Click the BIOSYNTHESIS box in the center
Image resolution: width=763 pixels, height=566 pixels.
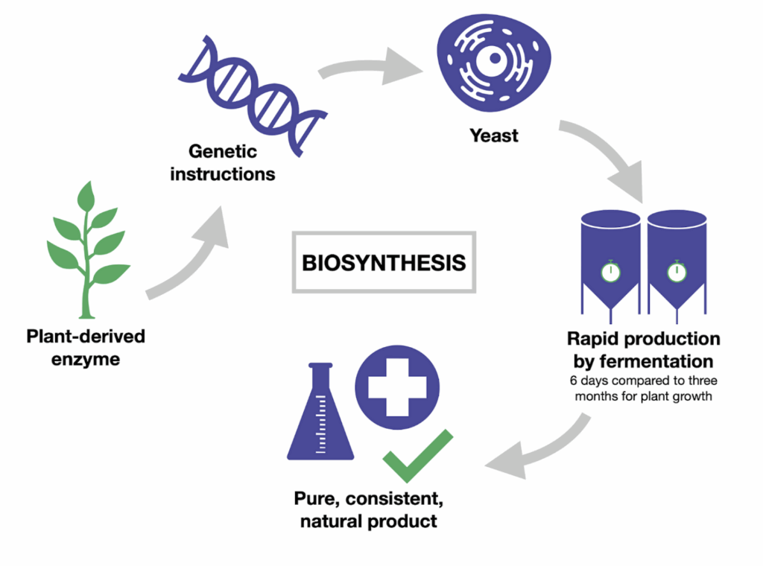pyautogui.click(x=384, y=262)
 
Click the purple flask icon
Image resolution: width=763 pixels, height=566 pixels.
pyautogui.click(x=320, y=413)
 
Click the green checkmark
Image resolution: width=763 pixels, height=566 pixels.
pyautogui.click(x=417, y=456)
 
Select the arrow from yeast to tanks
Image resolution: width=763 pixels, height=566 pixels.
pyautogui.click(x=604, y=160)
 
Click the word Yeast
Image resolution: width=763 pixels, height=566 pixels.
pyautogui.click(x=493, y=136)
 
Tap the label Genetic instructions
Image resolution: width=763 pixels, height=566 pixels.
pyautogui.click(x=223, y=163)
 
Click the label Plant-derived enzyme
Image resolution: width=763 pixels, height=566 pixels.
pyautogui.click(x=86, y=348)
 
